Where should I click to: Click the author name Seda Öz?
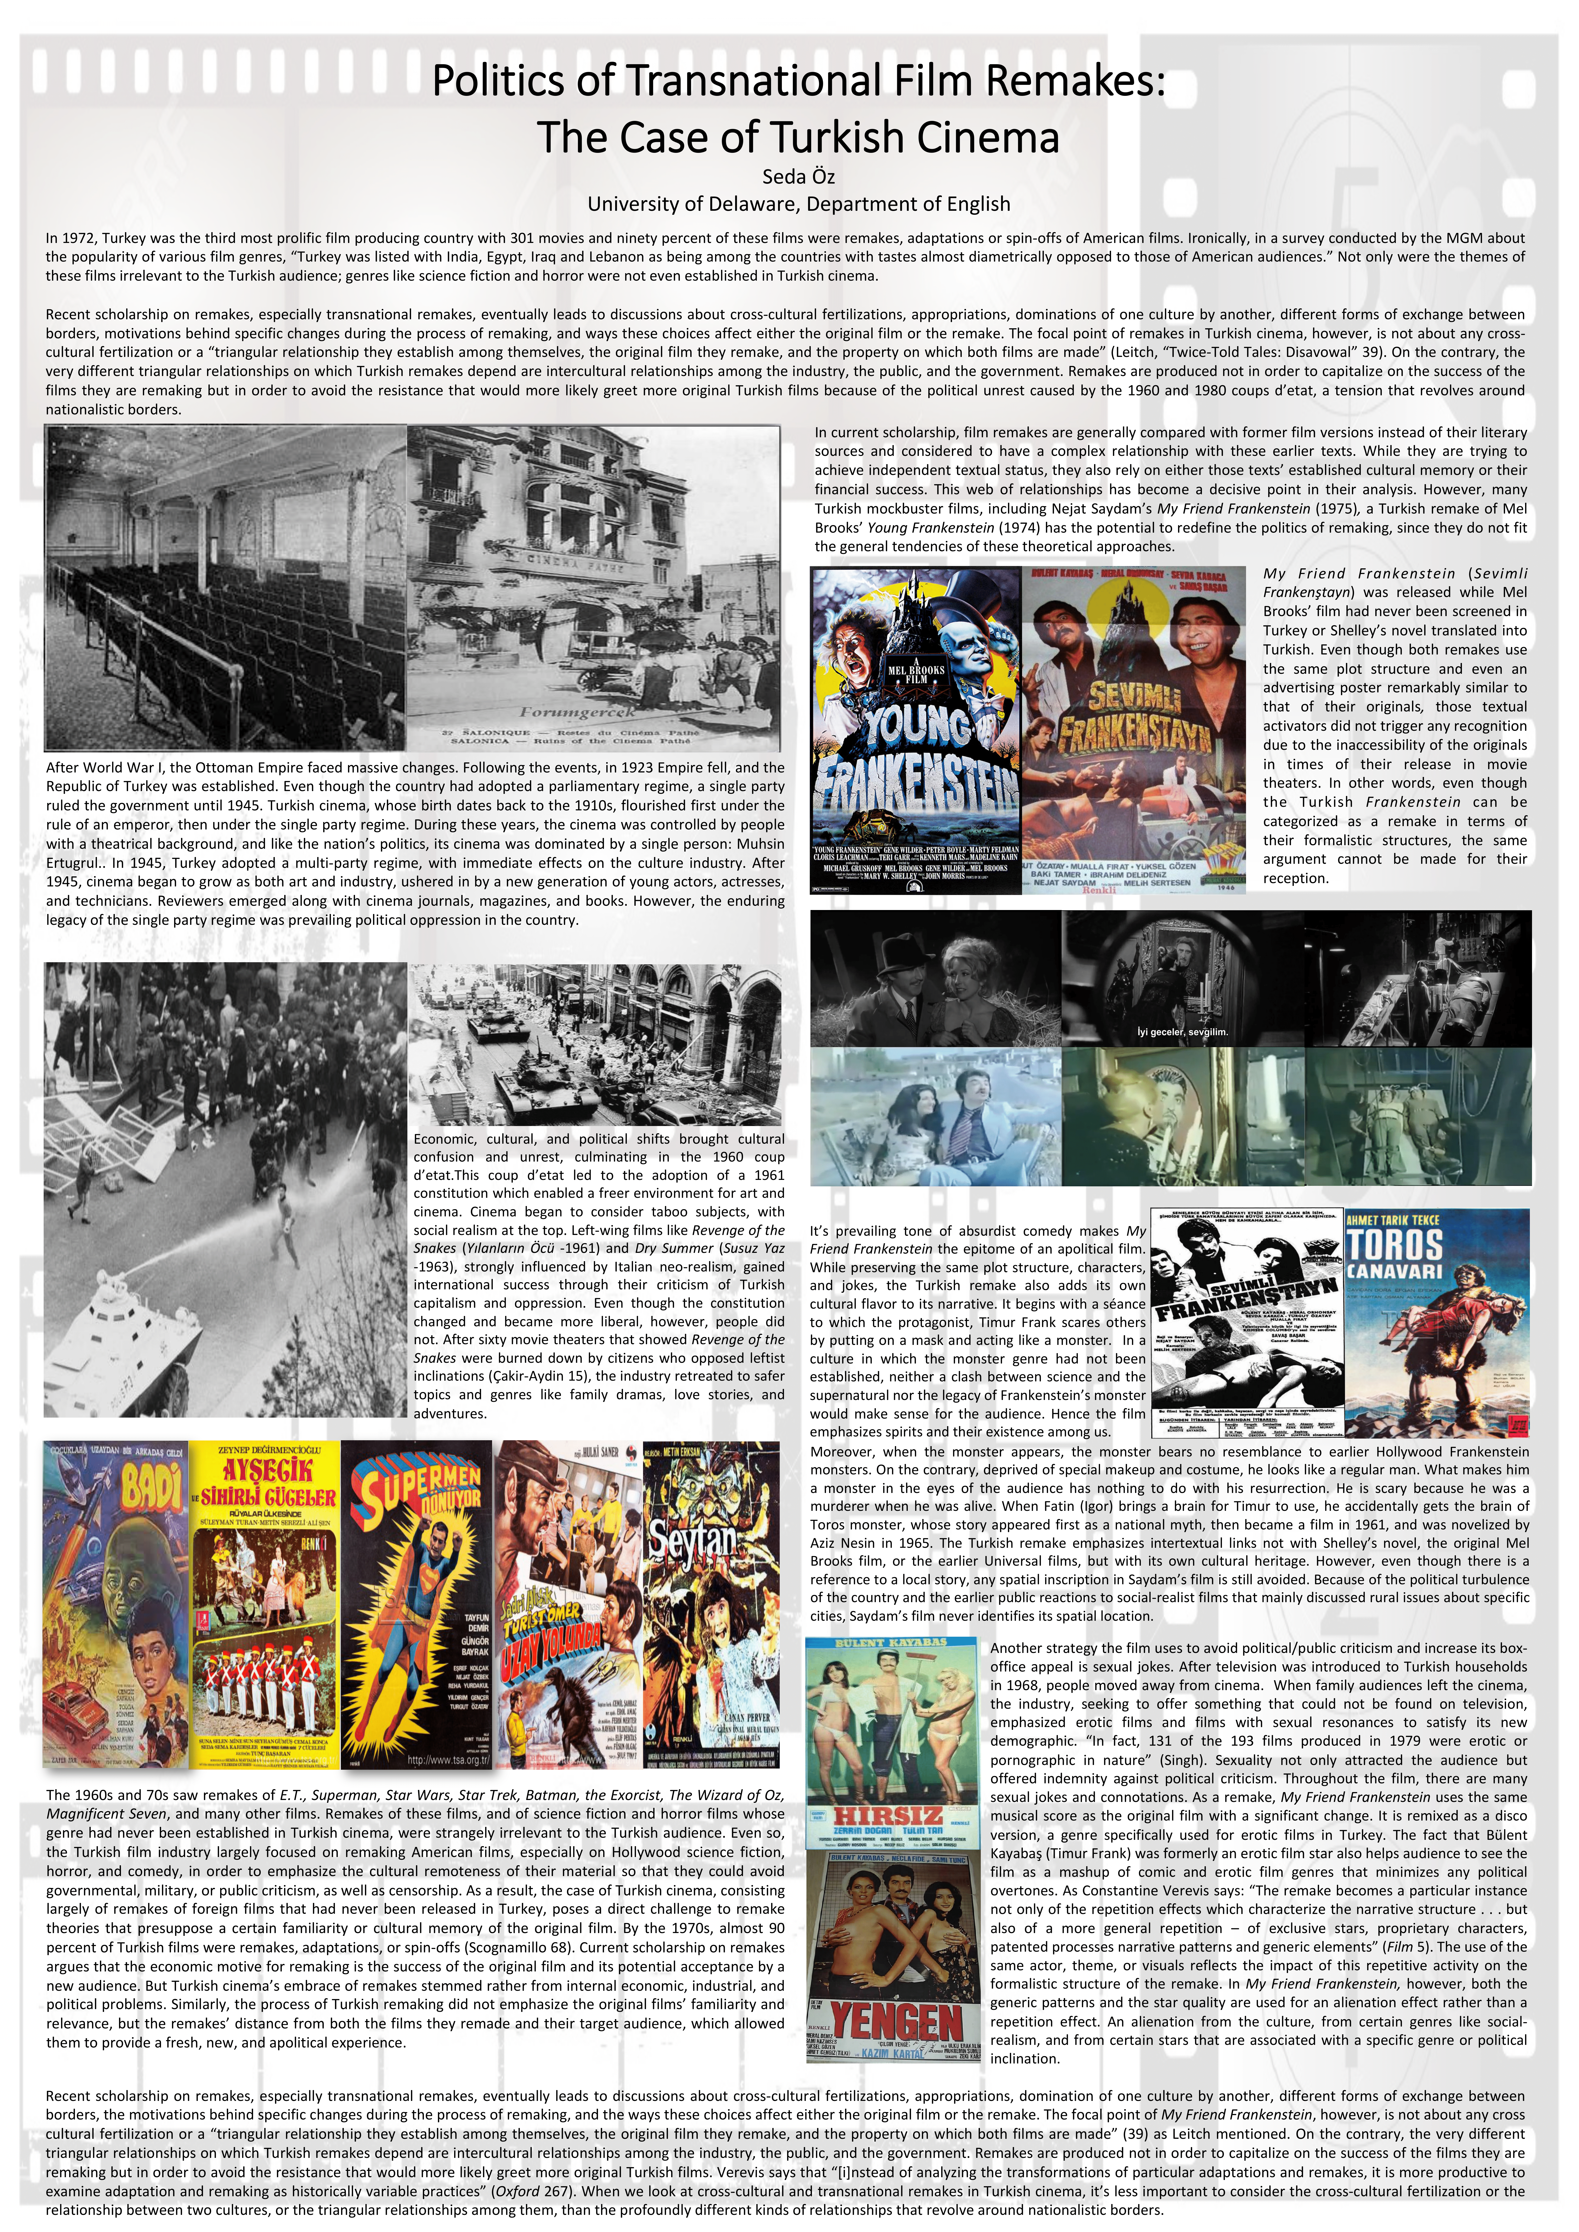tap(797, 177)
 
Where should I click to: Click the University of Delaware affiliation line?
tap(797, 204)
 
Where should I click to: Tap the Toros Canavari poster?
tap(1437, 1322)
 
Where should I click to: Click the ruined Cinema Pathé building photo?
tap(593, 574)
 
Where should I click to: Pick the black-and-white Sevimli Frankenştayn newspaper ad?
tap(1247, 1322)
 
